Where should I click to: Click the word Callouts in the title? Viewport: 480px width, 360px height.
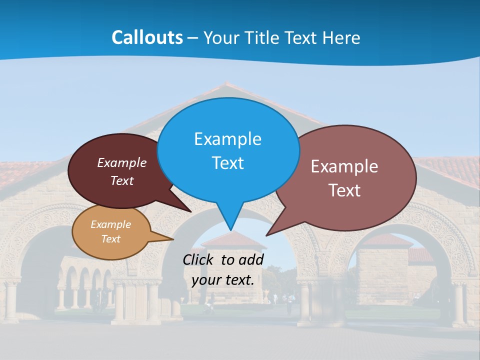(147, 37)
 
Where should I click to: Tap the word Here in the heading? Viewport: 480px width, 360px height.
(342, 37)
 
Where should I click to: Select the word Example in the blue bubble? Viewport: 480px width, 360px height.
(227, 139)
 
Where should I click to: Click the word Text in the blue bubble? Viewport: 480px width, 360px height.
(227, 163)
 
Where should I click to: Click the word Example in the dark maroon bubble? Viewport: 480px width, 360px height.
(122, 162)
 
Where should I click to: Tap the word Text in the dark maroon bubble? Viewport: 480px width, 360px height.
(122, 180)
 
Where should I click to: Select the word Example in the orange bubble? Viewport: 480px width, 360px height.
(110, 224)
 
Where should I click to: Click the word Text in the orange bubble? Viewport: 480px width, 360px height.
(110, 239)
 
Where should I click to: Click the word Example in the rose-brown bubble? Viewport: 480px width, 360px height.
(344, 166)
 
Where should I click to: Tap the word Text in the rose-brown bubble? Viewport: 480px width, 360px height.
(344, 190)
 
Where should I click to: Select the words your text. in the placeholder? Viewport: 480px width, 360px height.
(223, 280)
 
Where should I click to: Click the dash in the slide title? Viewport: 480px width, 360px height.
(193, 37)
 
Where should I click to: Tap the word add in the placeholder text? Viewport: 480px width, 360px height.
(251, 259)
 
